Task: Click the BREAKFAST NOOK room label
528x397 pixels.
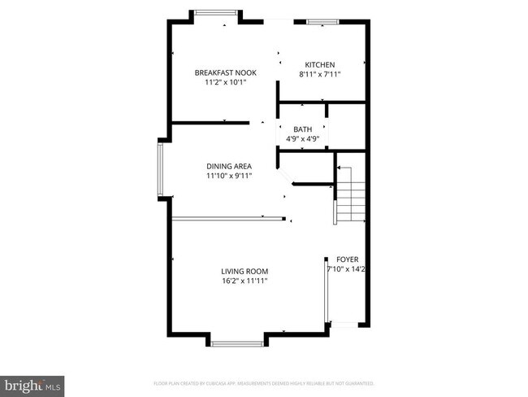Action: (225, 73)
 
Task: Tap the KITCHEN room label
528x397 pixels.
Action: (319, 65)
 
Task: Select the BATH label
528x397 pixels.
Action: (302, 129)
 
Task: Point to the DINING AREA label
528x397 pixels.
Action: (228, 166)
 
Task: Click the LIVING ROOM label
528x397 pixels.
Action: (245, 272)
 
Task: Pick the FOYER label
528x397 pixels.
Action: (347, 259)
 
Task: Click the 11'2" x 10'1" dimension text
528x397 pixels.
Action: (225, 82)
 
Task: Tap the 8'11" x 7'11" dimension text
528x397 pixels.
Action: (319, 75)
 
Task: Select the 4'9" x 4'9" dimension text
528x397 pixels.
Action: (302, 138)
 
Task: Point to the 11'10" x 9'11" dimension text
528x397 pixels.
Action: (228, 175)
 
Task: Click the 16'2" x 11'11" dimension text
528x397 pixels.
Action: (245, 281)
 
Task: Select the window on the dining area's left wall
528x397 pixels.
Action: (161, 169)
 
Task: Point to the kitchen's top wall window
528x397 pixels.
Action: (322, 21)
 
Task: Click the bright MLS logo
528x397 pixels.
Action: (32, 382)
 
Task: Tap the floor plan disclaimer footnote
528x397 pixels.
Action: (263, 382)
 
